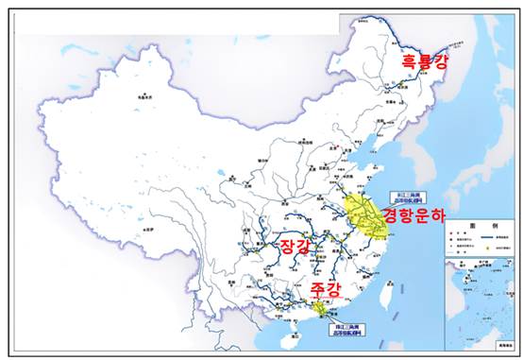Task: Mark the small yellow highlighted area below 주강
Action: pyautogui.click(x=322, y=306)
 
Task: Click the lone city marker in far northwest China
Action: pyautogui.click(x=143, y=95)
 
